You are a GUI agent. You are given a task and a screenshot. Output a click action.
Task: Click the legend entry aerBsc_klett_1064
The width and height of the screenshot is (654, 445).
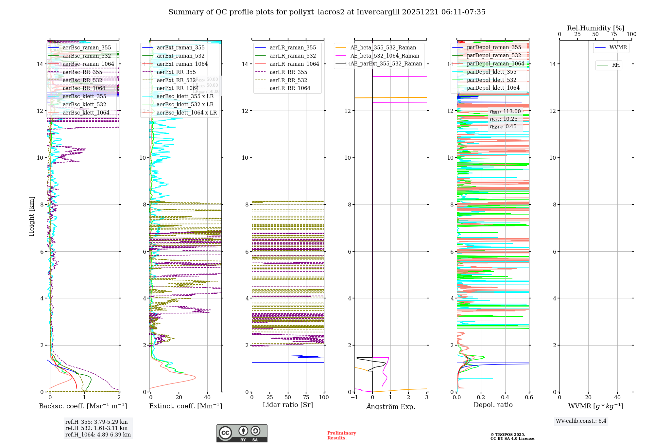86,113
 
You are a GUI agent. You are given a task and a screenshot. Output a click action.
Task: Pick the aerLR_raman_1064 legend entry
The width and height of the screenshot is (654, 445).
294,64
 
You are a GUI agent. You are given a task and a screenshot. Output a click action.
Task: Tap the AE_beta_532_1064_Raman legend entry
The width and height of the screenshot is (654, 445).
384,56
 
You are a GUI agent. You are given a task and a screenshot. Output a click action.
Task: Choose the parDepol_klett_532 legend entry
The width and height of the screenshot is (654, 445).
491,80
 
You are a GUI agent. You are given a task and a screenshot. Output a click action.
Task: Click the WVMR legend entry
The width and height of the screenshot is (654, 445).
618,48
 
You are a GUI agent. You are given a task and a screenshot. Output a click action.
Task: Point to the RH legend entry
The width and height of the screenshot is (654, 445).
615,65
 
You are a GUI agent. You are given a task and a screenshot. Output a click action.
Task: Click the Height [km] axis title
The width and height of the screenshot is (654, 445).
31,216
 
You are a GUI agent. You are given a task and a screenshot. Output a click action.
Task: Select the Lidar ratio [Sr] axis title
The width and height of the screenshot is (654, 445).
287,405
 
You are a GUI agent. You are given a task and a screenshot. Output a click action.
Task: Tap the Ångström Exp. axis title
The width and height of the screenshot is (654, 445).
390,407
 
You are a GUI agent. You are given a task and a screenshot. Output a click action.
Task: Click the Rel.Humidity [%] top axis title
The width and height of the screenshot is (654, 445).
595,28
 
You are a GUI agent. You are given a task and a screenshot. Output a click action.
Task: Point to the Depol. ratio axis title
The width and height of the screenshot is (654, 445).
493,405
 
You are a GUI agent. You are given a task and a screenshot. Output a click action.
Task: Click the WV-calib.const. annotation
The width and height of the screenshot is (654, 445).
581,421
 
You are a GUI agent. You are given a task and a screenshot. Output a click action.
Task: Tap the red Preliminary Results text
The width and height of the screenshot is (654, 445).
341,436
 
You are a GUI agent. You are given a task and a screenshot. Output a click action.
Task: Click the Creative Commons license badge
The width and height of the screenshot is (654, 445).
242,434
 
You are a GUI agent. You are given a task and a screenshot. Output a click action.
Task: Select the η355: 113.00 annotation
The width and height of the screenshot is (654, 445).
505,112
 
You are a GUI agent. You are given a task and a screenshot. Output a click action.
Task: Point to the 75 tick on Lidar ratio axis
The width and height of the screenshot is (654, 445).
306,398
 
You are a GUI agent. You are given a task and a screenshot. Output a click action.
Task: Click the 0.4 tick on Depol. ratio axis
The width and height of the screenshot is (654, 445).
505,398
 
